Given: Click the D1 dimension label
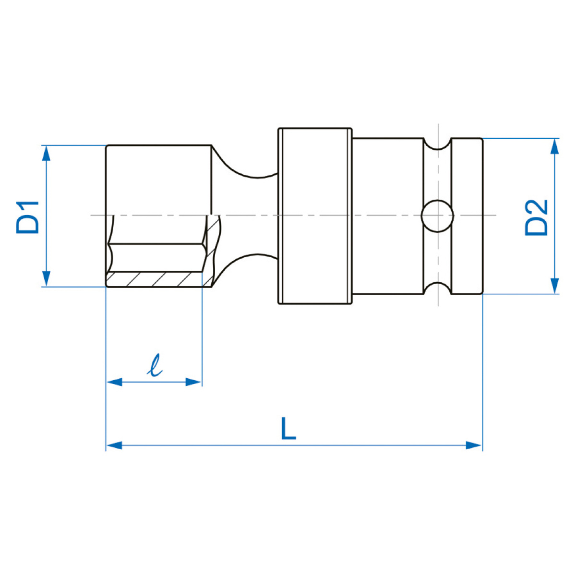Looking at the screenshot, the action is [x=27, y=217].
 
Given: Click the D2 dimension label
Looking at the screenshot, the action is [x=537, y=217].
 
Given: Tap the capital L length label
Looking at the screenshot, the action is [x=288, y=429].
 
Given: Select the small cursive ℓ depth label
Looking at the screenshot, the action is [x=155, y=365].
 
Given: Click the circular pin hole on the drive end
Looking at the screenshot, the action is [x=437, y=216].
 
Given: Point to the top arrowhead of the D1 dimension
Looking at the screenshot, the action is [x=46, y=153].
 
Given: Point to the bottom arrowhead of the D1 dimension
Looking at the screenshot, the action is [x=46, y=278].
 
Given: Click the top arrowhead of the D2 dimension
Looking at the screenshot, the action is [x=555, y=146].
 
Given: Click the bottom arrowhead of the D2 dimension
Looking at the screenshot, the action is [x=555, y=286].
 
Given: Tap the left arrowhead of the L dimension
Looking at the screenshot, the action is [x=115, y=445].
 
